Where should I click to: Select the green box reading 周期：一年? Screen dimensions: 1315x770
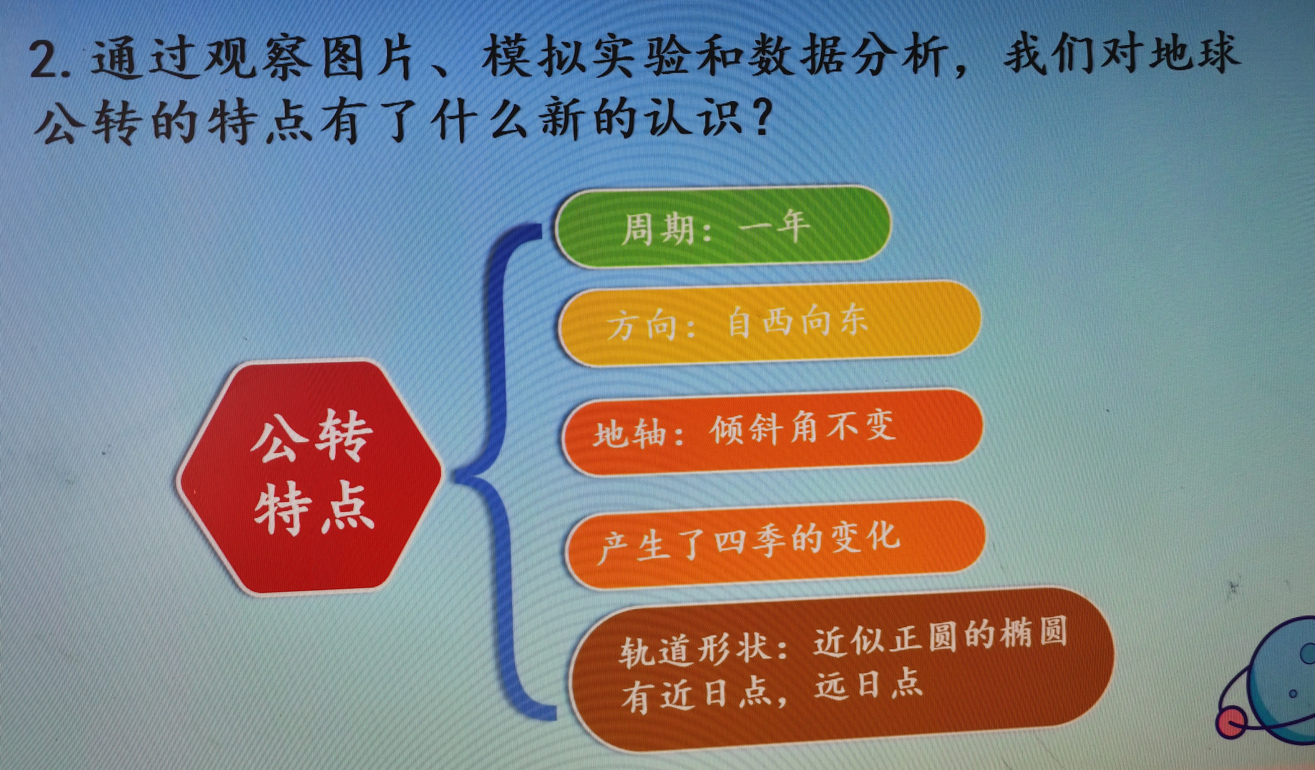click(x=723, y=227)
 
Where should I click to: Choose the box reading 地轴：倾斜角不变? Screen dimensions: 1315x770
click(x=772, y=432)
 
